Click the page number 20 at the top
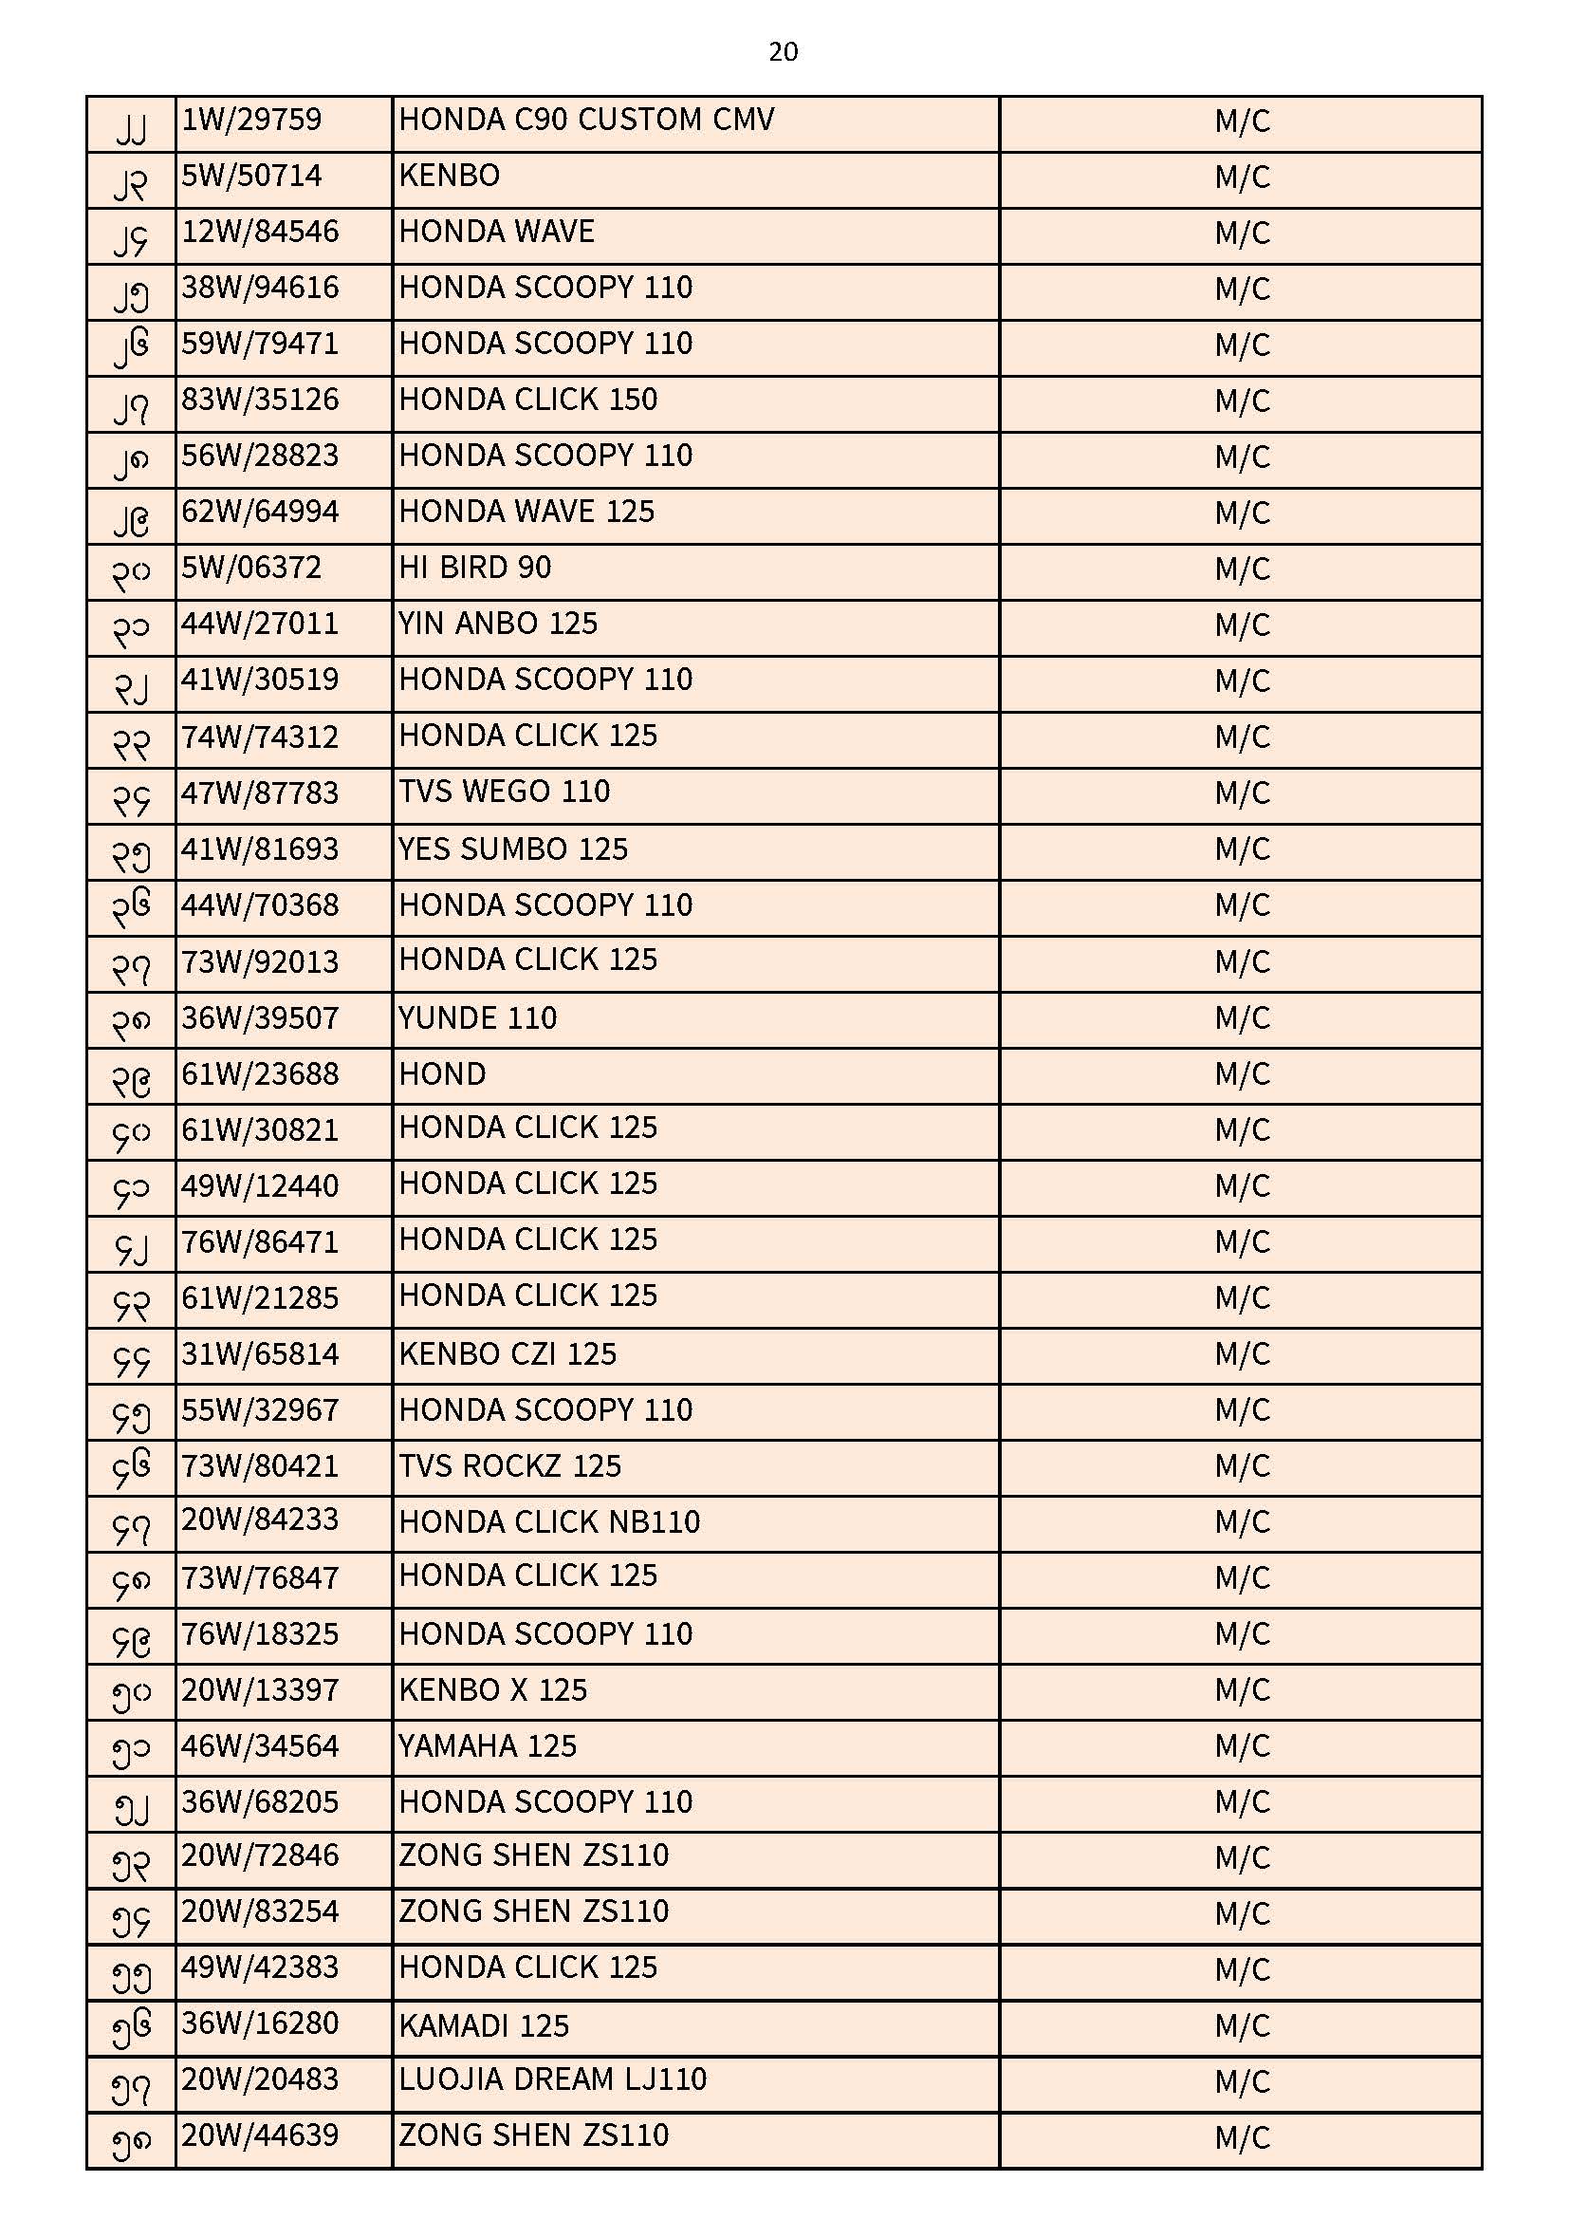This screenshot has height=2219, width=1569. click(x=783, y=51)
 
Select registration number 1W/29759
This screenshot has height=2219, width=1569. click(x=251, y=120)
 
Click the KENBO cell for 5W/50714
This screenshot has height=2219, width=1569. click(x=450, y=176)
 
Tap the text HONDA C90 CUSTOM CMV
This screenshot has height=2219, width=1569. click(x=586, y=120)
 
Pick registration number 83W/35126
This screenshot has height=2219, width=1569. click(x=260, y=400)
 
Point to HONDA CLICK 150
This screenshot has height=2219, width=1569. click(x=527, y=400)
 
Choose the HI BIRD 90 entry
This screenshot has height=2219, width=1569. click(x=474, y=568)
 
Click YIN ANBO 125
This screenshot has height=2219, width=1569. click(x=498, y=624)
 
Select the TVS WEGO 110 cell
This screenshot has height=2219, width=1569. click(x=505, y=792)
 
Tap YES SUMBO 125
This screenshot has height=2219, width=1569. click(x=513, y=848)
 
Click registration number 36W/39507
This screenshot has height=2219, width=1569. click(x=260, y=1017)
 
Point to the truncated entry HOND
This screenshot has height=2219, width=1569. click(x=442, y=1073)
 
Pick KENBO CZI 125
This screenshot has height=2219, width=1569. click(x=508, y=1353)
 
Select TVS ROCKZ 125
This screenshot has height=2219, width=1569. click(x=510, y=1465)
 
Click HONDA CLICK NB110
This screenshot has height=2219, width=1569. click(x=548, y=1521)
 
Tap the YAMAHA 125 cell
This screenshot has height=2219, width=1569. click(x=487, y=1745)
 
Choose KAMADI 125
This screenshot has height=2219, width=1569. click(x=484, y=2024)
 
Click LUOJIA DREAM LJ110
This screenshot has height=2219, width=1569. click(x=553, y=2079)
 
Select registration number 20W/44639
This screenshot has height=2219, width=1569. click(x=260, y=2134)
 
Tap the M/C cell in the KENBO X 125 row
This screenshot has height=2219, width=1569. click(x=1242, y=1690)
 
